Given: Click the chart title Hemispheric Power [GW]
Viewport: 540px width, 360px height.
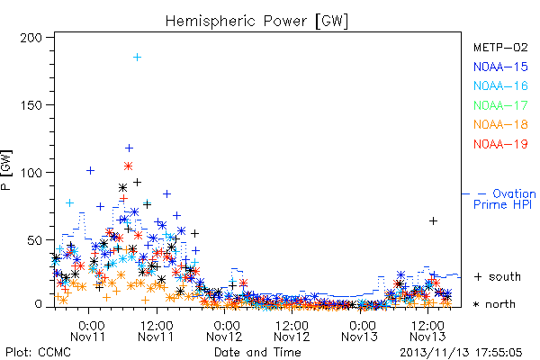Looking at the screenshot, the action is [x=256, y=21].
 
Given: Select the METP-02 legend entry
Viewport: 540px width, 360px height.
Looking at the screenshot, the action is [x=500, y=47].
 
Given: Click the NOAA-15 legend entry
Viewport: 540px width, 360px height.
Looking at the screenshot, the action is [x=500, y=67].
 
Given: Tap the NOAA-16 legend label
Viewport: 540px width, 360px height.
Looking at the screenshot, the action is [x=500, y=85].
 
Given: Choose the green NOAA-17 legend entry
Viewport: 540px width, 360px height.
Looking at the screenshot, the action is [x=500, y=105].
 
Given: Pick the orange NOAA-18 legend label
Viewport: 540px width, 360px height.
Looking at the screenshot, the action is [x=500, y=124].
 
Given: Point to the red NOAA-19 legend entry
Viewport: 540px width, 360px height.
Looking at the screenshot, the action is [x=500, y=144].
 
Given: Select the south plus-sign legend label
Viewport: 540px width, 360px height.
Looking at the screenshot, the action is [x=498, y=276].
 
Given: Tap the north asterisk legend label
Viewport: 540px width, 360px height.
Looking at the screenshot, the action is [x=494, y=304].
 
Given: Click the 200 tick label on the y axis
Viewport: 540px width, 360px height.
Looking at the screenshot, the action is [x=31, y=38].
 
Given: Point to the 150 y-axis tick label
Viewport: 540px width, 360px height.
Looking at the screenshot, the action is [x=31, y=105].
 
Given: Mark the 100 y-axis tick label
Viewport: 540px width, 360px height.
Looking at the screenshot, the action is [x=31, y=173].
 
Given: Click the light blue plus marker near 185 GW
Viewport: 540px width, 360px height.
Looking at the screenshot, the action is [x=137, y=58].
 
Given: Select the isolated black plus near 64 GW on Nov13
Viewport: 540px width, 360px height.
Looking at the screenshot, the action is [x=433, y=220].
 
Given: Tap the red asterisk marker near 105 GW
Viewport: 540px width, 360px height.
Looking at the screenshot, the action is [x=128, y=166].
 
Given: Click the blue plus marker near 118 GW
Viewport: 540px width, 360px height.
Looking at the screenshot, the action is [x=129, y=148].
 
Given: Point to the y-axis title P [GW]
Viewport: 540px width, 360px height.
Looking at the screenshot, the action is [x=6, y=170].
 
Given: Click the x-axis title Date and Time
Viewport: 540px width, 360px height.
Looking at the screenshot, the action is [x=257, y=352].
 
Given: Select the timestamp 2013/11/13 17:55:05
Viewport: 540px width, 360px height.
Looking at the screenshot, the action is [x=461, y=353].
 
